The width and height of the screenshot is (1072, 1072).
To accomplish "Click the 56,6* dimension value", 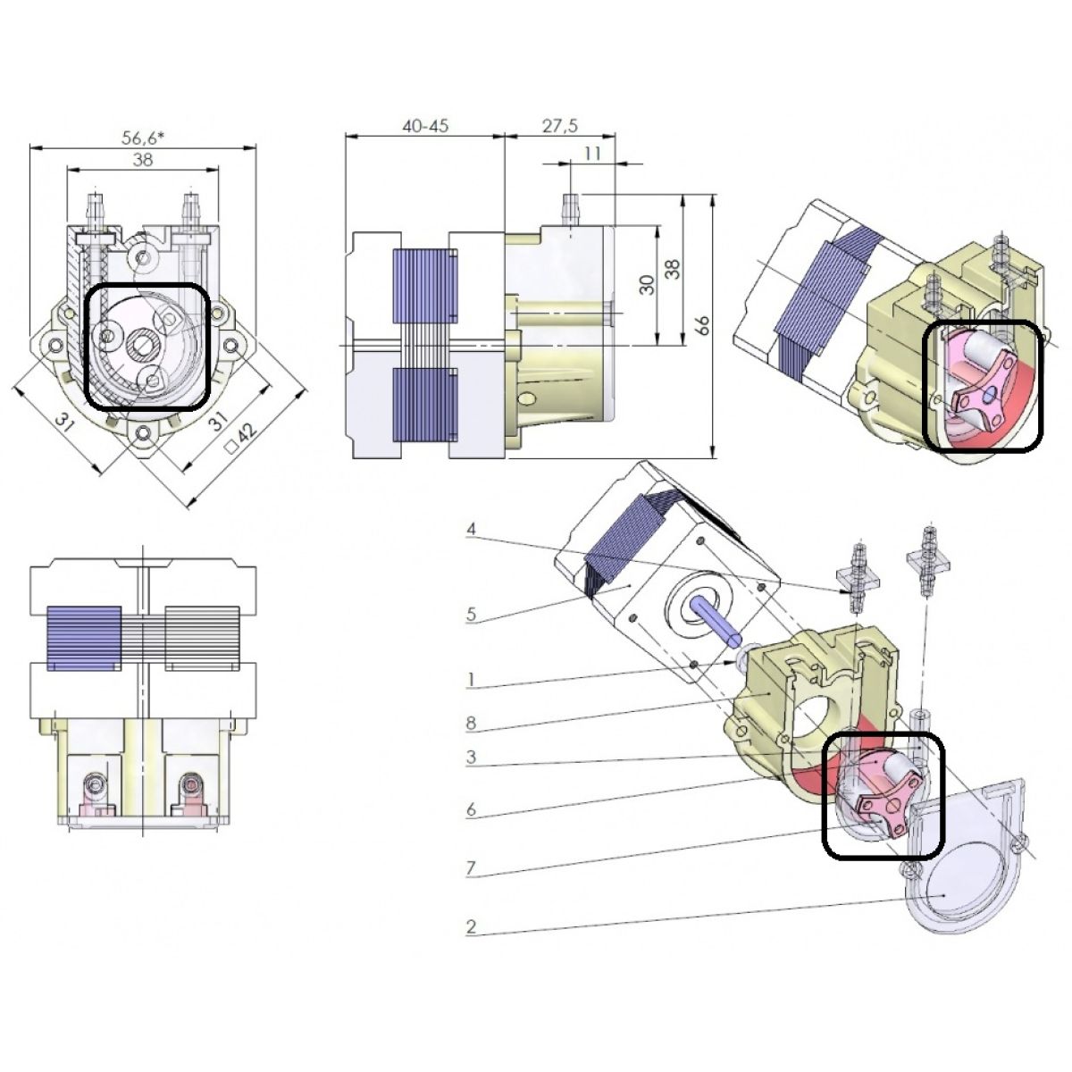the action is tap(143, 138).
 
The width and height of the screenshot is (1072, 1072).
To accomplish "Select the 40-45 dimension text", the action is tap(425, 126).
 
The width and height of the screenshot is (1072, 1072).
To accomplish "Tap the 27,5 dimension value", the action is tap(560, 126).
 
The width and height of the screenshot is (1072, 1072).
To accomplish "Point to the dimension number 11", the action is tap(593, 154).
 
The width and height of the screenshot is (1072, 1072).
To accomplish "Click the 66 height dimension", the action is tap(703, 325).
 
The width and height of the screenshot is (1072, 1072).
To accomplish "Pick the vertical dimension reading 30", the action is tap(647, 285).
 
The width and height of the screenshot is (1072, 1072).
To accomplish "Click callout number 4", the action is tap(471, 529).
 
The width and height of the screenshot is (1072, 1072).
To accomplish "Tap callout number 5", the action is tap(471, 615).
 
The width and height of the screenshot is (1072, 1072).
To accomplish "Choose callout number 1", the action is tap(471, 679).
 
